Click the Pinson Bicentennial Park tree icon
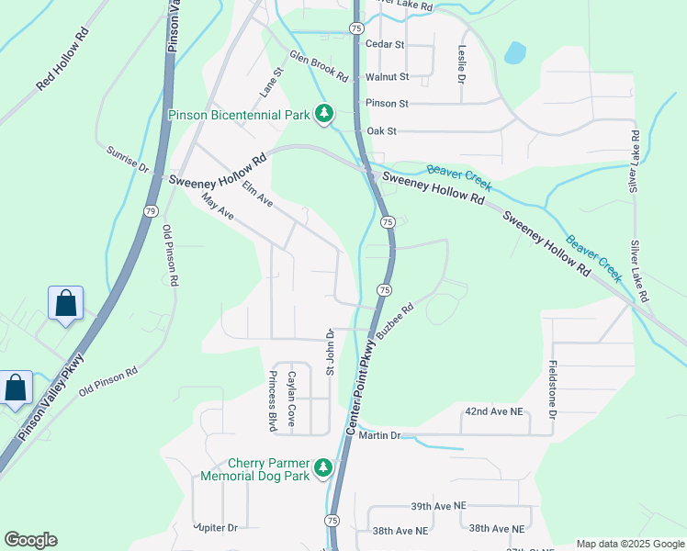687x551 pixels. (x=323, y=115)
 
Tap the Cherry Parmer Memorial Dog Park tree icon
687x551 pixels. (x=322, y=468)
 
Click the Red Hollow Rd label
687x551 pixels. (x=63, y=58)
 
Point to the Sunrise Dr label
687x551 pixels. (x=127, y=159)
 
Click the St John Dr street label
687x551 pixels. (x=328, y=352)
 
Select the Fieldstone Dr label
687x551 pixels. (x=553, y=390)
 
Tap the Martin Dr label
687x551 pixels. (x=381, y=434)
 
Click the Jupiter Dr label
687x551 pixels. (x=215, y=527)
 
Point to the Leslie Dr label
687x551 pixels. (x=459, y=62)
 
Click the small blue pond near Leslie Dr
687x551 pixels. (x=514, y=52)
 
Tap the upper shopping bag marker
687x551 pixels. (x=66, y=303)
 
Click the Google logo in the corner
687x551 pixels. (x=31, y=540)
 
